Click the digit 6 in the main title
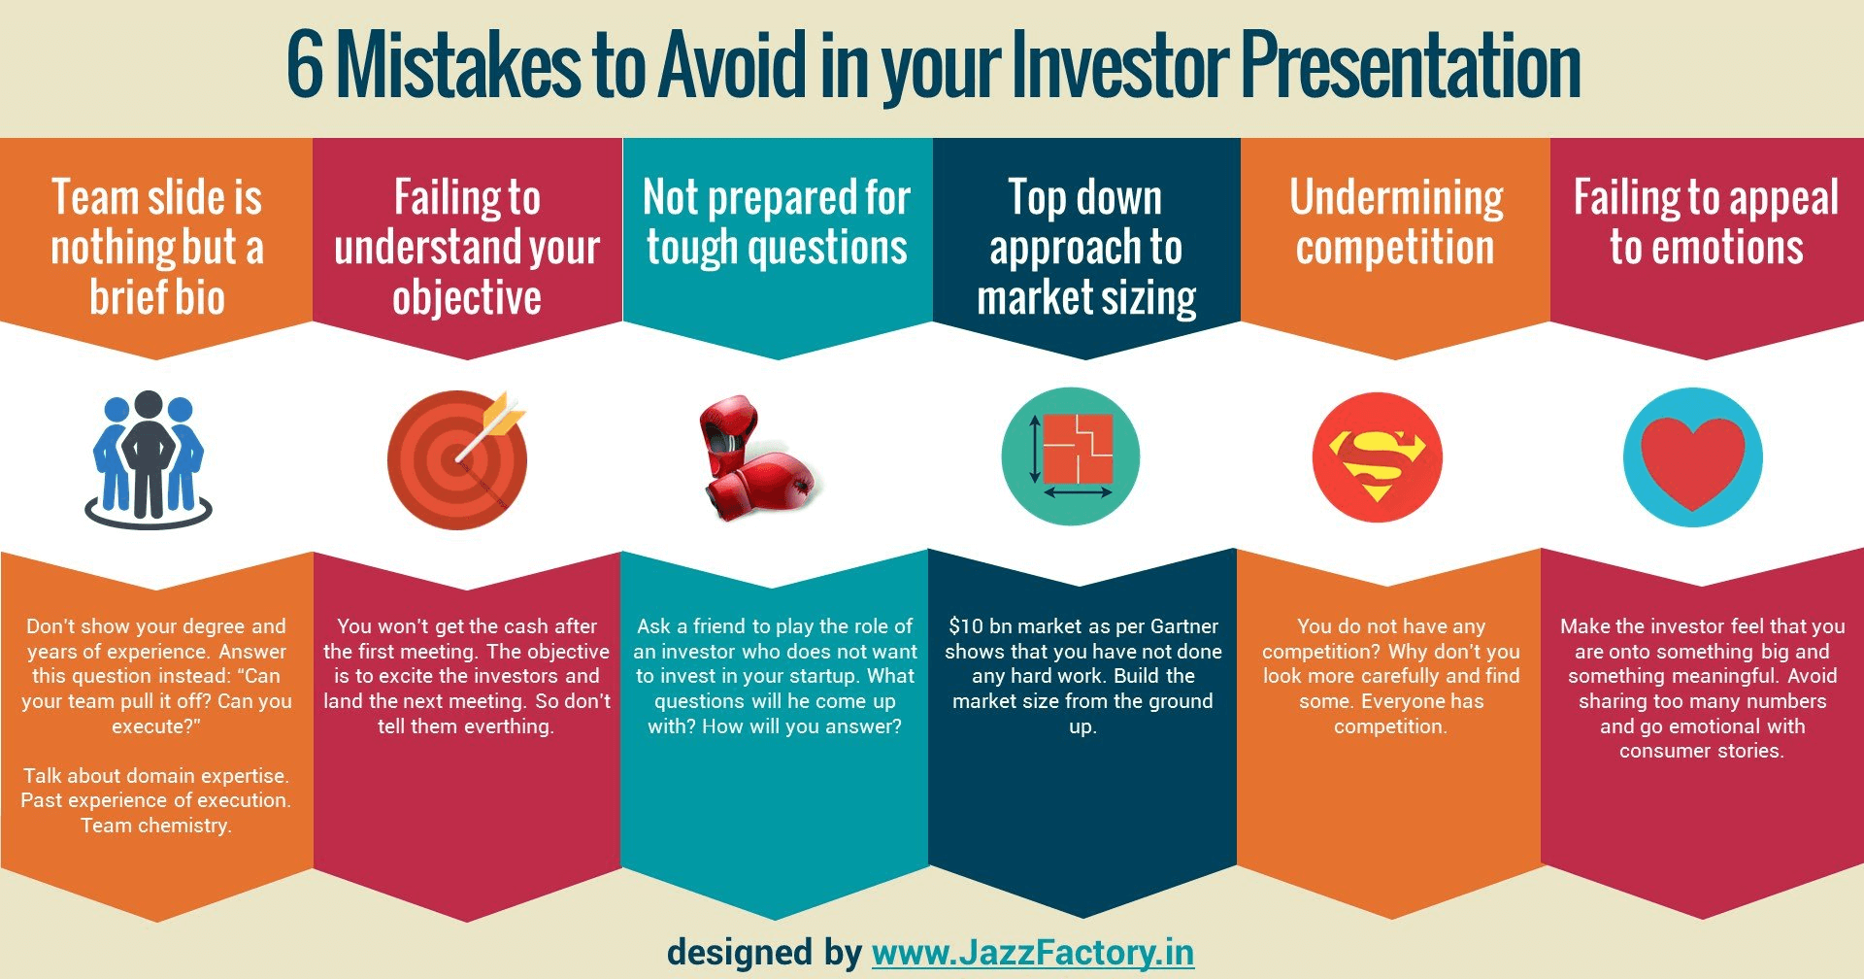(x=305, y=65)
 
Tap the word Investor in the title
(x=1119, y=65)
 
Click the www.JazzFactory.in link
(x=1033, y=953)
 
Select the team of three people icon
(x=149, y=458)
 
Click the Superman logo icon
(x=1377, y=458)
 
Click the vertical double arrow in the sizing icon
(x=1035, y=449)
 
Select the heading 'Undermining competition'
(x=1396, y=222)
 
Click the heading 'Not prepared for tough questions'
(x=777, y=222)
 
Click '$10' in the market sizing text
(x=966, y=626)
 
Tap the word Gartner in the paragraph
(x=1183, y=626)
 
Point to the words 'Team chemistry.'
(x=156, y=826)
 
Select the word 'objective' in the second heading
(x=467, y=298)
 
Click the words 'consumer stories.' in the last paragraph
(x=1702, y=751)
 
